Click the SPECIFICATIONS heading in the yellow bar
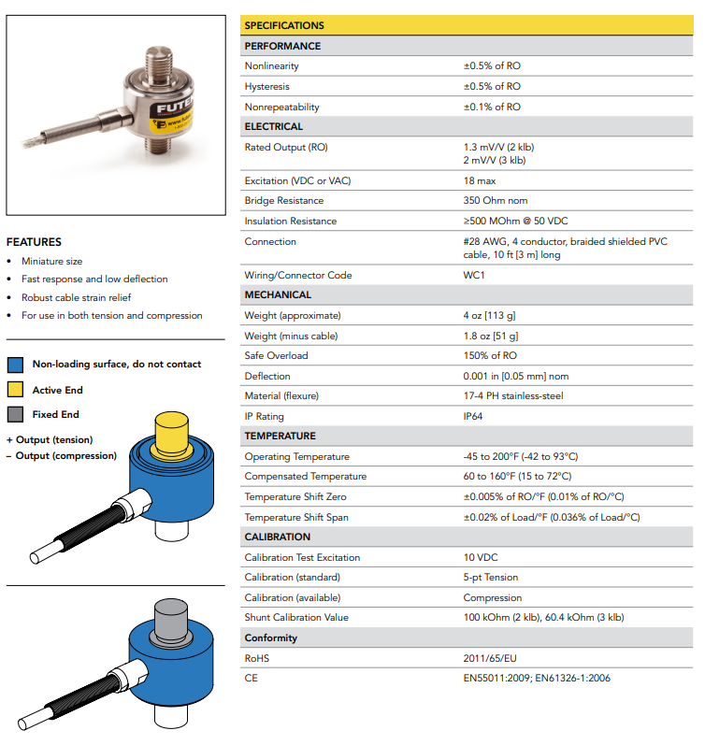(284, 25)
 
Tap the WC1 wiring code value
(475, 275)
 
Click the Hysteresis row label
(266, 86)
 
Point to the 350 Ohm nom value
(496, 200)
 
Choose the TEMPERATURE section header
(281, 436)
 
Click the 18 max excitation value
(481, 180)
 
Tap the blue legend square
(15, 365)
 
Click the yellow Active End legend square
(15, 390)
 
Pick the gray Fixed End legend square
(15, 414)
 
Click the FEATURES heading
(34, 241)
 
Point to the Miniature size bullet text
(52, 261)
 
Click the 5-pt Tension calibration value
(491, 577)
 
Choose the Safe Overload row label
(276, 355)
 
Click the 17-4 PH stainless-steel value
(513, 395)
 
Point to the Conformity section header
(271, 638)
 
